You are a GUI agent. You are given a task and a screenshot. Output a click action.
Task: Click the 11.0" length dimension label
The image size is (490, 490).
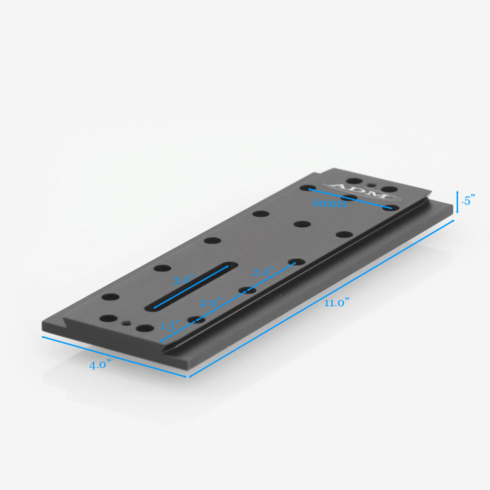tap(336, 303)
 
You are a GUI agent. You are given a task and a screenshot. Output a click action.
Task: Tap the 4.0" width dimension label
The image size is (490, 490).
tap(100, 365)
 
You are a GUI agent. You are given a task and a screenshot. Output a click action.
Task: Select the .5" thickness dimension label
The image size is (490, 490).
tap(469, 200)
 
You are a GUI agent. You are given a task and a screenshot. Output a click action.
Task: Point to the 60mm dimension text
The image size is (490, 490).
tap(330, 203)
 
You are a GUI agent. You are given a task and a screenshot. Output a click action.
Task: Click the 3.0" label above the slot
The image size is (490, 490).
tap(184, 281)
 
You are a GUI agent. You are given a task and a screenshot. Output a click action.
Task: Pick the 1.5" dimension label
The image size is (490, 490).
tap(170, 326)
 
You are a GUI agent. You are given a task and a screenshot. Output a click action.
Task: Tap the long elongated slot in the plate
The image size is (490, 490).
tap(189, 286)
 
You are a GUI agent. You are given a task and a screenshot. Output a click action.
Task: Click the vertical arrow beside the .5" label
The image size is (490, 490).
tap(458, 201)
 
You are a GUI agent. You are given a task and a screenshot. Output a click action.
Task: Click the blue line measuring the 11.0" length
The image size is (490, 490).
tap(321, 299)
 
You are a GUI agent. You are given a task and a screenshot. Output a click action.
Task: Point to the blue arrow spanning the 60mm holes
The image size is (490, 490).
tap(350, 198)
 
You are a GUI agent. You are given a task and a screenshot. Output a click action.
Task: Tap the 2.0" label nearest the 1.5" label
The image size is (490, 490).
tap(211, 303)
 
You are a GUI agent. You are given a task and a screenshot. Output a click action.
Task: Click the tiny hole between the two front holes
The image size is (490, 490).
tap(127, 323)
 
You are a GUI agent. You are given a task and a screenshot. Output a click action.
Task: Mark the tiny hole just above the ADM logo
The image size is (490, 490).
tap(374, 185)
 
